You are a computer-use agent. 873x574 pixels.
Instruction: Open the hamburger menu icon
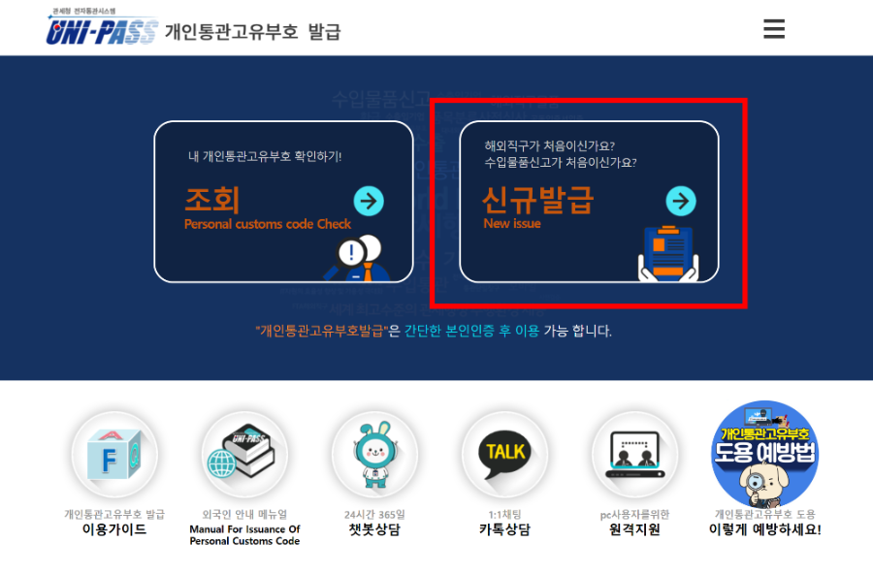point(774,29)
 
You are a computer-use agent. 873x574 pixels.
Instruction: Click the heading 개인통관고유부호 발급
point(252,31)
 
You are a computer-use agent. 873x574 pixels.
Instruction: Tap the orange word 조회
point(211,200)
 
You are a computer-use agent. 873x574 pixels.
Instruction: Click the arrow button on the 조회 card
point(369,201)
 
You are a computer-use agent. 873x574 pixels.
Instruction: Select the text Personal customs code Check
point(267,224)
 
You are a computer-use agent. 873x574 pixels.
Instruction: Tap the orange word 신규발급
point(537,200)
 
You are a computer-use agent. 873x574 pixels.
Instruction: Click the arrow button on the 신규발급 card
point(681,201)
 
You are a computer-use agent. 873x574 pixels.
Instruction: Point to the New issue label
point(512,224)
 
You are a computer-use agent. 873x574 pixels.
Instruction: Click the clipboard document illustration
point(668,251)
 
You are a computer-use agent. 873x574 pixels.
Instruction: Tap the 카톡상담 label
point(504,530)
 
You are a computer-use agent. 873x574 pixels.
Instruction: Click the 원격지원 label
point(634,530)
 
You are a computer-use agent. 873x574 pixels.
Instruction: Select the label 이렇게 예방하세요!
point(766,530)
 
